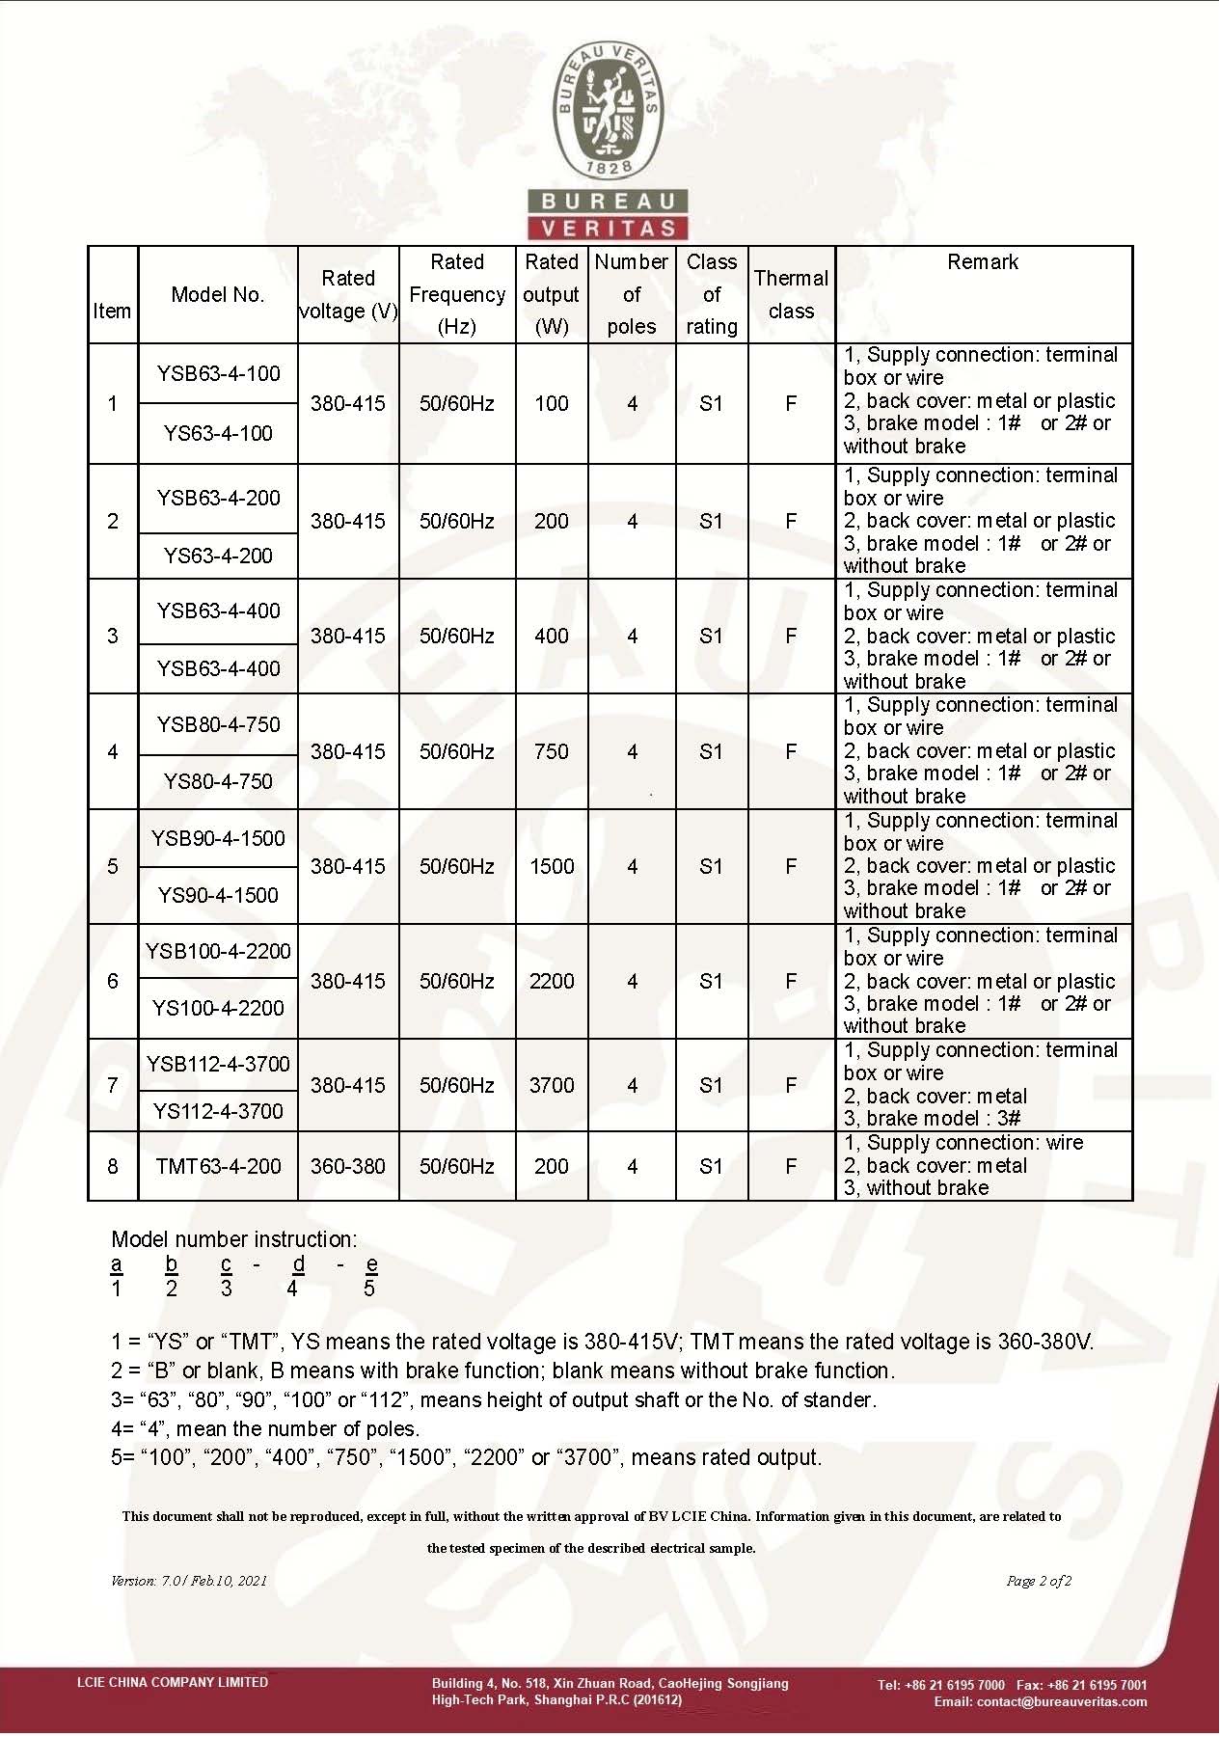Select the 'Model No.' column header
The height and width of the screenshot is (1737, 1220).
tap(218, 295)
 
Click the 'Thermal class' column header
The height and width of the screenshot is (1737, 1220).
tap(791, 295)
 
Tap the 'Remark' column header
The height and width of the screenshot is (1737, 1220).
tap(983, 262)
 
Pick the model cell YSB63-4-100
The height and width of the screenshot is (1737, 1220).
tap(219, 374)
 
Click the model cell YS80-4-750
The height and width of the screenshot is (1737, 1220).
tap(219, 782)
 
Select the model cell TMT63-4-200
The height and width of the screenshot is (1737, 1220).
tap(219, 1167)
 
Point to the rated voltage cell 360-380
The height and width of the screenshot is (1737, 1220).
tap(348, 1167)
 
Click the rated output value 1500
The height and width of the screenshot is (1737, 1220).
tap(552, 867)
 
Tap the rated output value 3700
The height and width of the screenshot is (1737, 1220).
tap(552, 1086)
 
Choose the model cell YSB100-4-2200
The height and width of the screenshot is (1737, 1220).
tap(219, 952)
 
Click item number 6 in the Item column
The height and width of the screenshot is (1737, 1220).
tap(113, 982)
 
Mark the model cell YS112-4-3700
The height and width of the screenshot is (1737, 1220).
tap(219, 1112)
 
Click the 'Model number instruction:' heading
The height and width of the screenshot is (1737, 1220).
tap(234, 1240)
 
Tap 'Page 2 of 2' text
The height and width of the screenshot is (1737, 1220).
tap(1039, 1581)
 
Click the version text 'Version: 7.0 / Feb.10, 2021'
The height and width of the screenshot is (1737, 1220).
tap(189, 1581)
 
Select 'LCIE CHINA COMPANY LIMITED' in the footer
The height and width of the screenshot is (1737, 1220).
tap(173, 1683)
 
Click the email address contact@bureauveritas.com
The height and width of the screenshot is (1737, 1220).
tap(1062, 1702)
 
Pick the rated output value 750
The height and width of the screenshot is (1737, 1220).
tap(552, 752)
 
